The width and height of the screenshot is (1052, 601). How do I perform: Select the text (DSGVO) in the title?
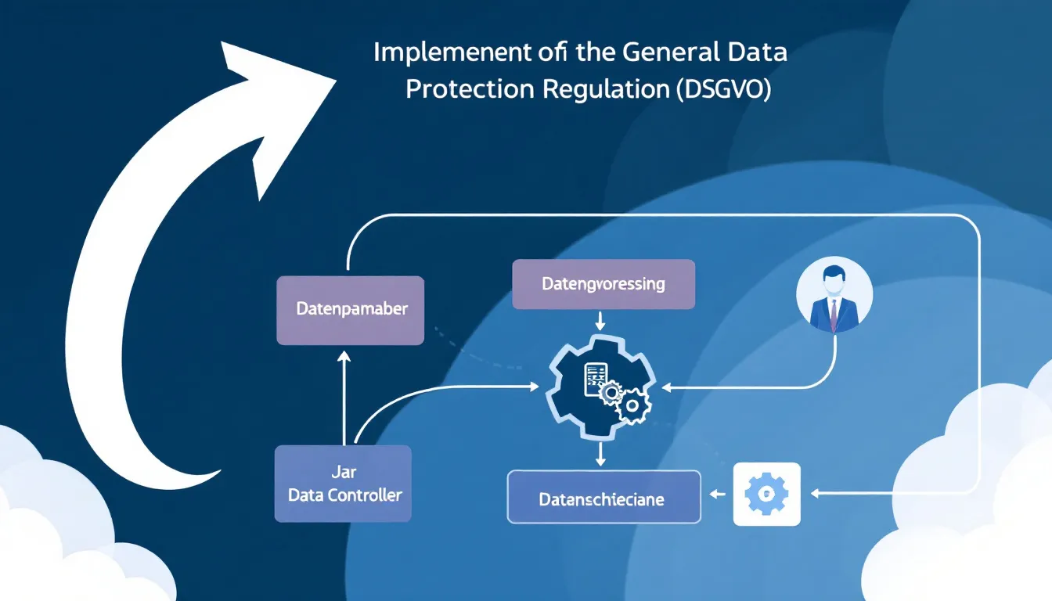tap(721, 89)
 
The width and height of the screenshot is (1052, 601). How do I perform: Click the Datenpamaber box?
tap(350, 310)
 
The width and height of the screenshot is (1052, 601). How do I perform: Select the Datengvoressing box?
tap(603, 284)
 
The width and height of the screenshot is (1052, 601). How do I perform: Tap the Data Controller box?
tap(344, 484)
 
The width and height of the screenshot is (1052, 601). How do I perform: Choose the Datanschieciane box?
tap(603, 497)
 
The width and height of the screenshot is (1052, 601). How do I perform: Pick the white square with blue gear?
tap(766, 494)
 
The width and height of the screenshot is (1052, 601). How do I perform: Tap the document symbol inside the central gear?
tap(595, 378)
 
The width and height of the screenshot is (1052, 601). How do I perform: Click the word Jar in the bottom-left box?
tap(344, 473)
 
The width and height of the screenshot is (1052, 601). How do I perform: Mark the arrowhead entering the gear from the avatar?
tap(668, 386)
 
